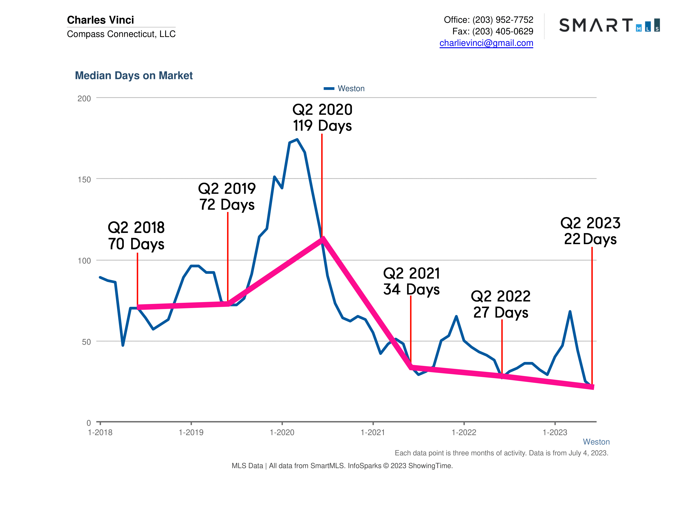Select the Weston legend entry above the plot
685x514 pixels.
click(344, 89)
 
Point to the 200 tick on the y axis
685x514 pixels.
click(84, 99)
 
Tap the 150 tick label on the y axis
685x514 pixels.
click(84, 180)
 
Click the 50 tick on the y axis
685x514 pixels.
click(86, 342)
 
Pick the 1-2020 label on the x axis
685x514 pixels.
click(282, 433)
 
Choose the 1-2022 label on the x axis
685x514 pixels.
click(463, 433)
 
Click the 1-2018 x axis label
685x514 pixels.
click(100, 433)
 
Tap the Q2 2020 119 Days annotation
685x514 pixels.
click(322, 118)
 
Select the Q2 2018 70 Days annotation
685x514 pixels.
click(136, 236)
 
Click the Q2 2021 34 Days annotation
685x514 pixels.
click(411, 281)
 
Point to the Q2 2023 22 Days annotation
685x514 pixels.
click(590, 231)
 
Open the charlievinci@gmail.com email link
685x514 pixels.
click(486, 43)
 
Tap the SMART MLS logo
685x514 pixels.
click(609, 25)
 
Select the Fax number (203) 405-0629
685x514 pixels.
click(502, 31)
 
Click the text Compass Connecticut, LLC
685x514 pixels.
click(121, 34)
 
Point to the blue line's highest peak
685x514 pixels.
click(297, 139)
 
